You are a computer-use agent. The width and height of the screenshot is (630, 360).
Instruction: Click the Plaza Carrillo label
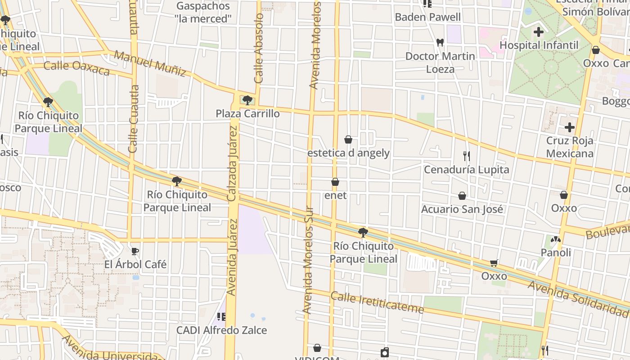(x=247, y=113)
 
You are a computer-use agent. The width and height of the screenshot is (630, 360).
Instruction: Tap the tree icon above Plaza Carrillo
(x=247, y=100)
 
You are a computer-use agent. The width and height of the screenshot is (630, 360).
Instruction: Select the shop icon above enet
(x=335, y=182)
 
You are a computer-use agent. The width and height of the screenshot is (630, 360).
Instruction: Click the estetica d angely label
(x=348, y=153)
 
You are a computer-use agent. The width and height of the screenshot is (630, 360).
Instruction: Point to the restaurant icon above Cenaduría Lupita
(x=467, y=156)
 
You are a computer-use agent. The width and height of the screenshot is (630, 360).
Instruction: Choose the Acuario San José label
(x=462, y=209)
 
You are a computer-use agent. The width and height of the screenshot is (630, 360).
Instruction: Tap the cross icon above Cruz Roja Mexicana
(x=570, y=127)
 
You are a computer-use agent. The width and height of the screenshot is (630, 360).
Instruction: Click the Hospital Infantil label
(x=539, y=45)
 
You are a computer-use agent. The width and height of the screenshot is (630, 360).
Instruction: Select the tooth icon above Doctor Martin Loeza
(x=440, y=43)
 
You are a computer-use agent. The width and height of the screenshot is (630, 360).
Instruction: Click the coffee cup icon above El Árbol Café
(x=135, y=251)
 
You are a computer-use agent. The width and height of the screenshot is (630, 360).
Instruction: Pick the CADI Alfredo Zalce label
(x=221, y=330)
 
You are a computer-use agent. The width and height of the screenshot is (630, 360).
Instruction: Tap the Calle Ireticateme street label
(x=377, y=302)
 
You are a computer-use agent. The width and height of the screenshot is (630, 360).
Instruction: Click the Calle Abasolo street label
(x=259, y=49)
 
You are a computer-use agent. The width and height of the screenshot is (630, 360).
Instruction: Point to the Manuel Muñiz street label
(x=150, y=63)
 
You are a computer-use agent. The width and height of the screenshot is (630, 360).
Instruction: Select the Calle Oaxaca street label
(x=76, y=68)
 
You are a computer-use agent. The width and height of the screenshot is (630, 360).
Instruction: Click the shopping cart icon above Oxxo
(x=494, y=263)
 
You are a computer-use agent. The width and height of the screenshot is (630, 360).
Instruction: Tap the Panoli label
(x=556, y=252)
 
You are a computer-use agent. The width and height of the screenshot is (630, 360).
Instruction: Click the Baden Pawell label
(x=427, y=17)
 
